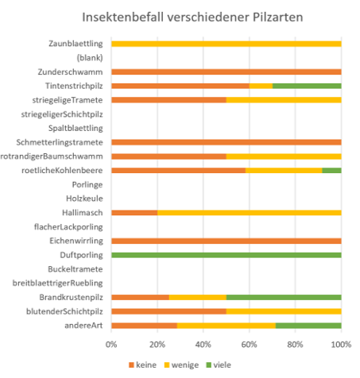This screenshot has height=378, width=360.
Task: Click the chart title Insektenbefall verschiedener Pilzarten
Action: (192, 17)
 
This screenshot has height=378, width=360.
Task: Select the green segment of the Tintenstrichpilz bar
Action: (307, 86)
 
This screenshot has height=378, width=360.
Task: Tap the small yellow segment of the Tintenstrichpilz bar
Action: (261, 86)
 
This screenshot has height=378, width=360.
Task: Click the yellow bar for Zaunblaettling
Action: (226, 44)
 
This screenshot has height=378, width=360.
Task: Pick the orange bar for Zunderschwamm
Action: (226, 71)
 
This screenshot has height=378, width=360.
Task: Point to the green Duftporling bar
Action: (226, 255)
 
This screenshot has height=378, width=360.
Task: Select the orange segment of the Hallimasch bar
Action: (134, 213)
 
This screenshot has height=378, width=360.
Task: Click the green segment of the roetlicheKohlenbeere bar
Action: (331, 171)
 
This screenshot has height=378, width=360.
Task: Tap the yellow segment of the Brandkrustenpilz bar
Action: (198, 297)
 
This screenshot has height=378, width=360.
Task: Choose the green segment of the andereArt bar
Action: (308, 326)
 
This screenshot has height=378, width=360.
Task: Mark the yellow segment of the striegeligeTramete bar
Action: (284, 100)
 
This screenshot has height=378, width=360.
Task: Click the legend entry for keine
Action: (142, 365)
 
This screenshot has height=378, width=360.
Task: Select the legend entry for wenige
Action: (181, 365)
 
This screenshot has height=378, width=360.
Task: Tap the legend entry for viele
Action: (219, 365)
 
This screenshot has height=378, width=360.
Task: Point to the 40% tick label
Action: (203, 345)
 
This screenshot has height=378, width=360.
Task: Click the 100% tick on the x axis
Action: (341, 345)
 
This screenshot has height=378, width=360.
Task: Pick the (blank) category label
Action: (90, 58)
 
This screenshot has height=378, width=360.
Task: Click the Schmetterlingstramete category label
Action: (60, 142)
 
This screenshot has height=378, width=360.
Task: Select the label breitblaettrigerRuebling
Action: (58, 283)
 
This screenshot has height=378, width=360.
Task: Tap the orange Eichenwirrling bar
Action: (226, 241)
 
